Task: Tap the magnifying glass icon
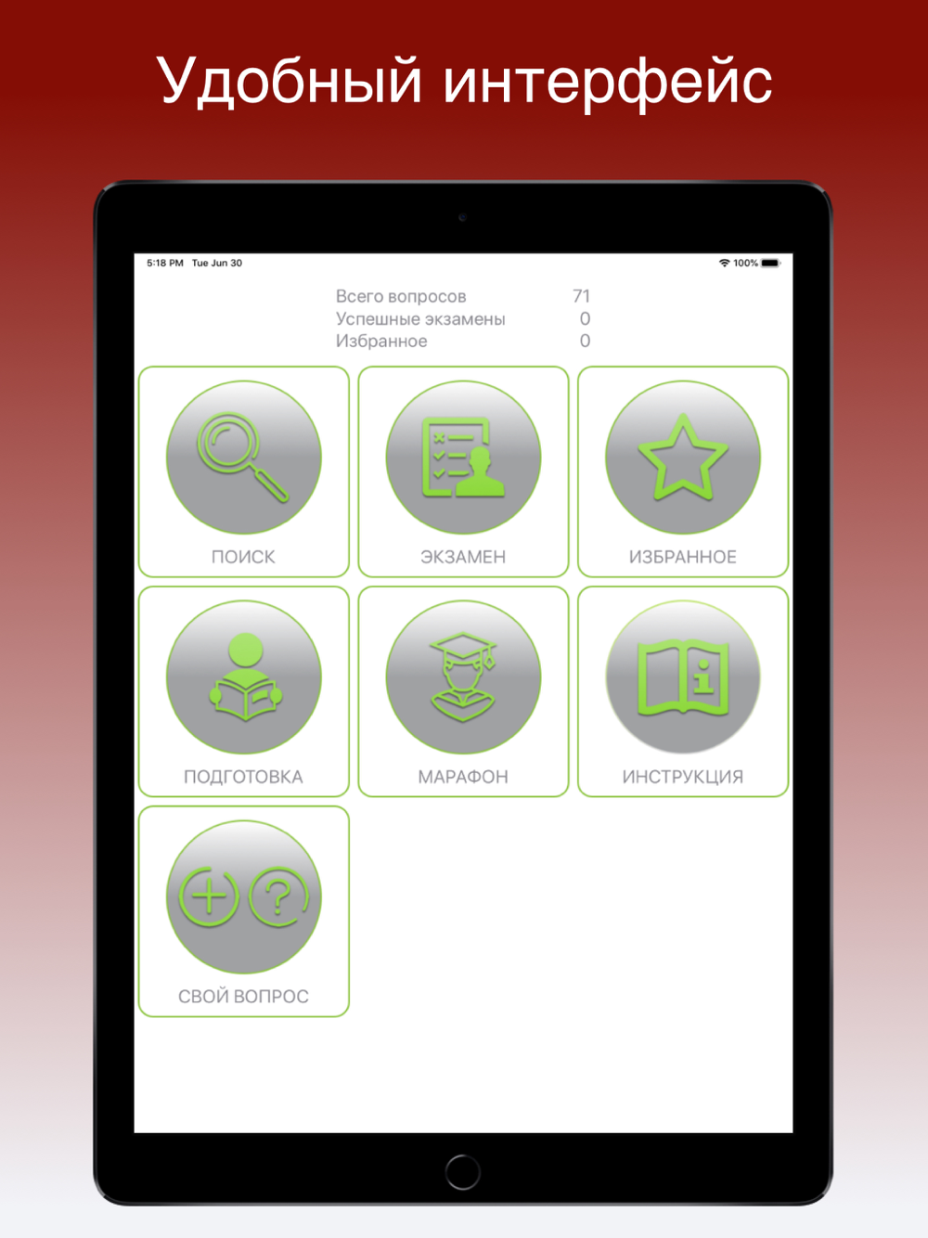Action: tap(242, 458)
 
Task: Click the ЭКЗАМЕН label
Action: tap(463, 557)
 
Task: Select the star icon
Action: tap(683, 457)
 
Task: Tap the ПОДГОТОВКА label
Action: tap(243, 777)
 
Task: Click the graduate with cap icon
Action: tap(463, 677)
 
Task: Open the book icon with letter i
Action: tap(683, 677)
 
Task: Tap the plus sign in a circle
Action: tap(209, 896)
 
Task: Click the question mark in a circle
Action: tap(279, 896)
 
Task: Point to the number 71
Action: tap(581, 296)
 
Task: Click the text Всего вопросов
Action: tap(401, 296)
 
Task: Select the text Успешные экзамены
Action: tap(420, 318)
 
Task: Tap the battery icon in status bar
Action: tap(770, 263)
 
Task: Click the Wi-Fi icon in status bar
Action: tap(725, 263)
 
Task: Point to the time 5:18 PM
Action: tap(164, 263)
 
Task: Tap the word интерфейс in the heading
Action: tap(608, 84)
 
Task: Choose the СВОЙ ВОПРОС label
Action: tap(243, 997)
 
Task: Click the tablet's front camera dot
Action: tap(462, 217)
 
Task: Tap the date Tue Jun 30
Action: tap(217, 263)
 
